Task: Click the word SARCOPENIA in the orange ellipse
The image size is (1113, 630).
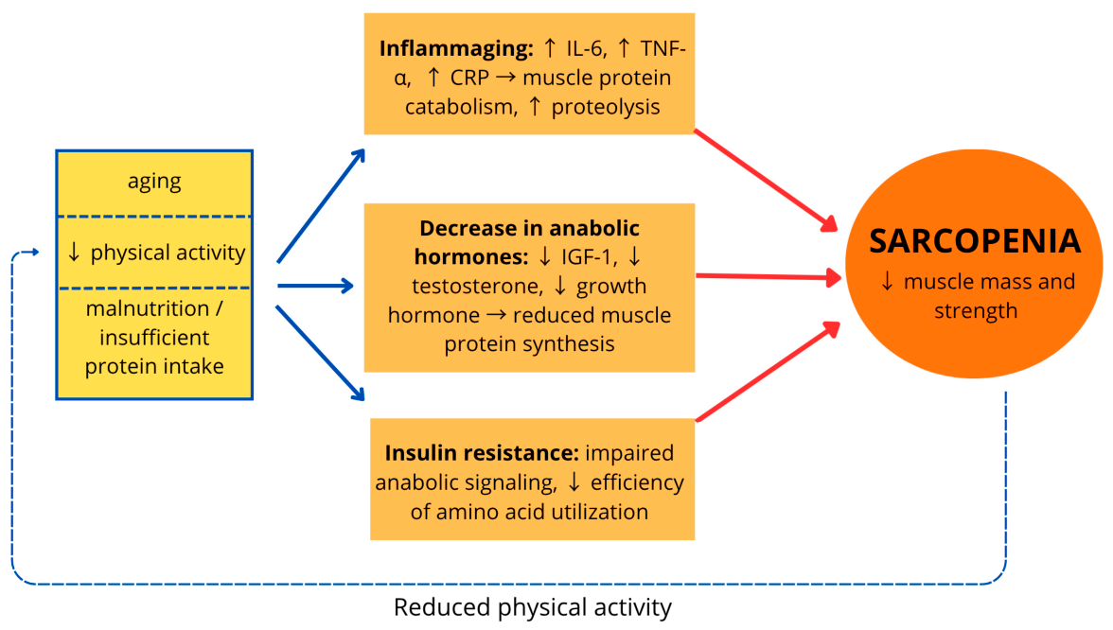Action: tap(975, 241)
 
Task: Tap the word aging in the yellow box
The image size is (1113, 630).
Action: tap(154, 182)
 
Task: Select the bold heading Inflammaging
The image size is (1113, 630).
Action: tap(456, 48)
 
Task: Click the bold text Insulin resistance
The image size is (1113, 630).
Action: tap(481, 452)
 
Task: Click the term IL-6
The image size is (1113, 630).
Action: tap(585, 48)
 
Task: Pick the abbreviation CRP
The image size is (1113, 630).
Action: tap(469, 78)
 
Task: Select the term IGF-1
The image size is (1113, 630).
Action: tap(586, 256)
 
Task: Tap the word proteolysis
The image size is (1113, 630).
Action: tap(606, 106)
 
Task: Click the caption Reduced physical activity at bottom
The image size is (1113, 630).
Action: tap(532, 607)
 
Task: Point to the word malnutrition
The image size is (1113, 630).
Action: tap(147, 308)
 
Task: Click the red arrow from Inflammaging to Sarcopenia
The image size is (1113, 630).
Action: tap(766, 181)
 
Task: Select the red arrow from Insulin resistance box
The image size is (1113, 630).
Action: tap(768, 371)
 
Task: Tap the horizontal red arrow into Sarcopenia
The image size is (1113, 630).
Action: tap(768, 276)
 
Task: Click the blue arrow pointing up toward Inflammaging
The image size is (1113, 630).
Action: tap(321, 206)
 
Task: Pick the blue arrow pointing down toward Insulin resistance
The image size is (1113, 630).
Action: tap(320, 354)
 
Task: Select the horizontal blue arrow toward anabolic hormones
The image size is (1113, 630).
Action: tap(315, 286)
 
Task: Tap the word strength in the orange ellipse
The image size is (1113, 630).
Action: tap(975, 310)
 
